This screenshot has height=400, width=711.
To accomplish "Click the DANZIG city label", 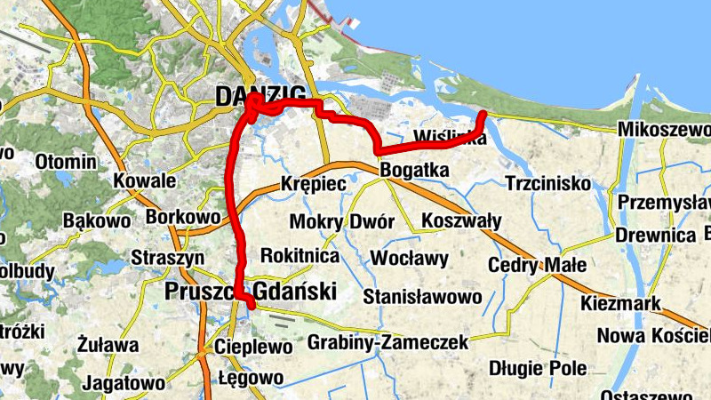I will click(260, 96).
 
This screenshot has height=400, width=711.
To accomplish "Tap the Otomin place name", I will click(66, 163).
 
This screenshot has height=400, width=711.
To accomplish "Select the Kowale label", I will click(145, 181).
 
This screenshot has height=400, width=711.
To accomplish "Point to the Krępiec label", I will click(312, 184).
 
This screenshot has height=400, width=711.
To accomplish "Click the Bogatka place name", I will click(413, 170).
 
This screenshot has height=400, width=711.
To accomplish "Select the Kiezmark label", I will click(620, 304).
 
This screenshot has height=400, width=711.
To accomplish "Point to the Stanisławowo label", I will click(422, 295).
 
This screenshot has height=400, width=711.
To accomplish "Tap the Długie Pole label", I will click(538, 368).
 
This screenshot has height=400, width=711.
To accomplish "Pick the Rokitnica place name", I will click(300, 255).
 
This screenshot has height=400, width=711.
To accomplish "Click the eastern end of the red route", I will click(483, 115).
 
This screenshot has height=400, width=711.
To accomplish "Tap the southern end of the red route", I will click(252, 306).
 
